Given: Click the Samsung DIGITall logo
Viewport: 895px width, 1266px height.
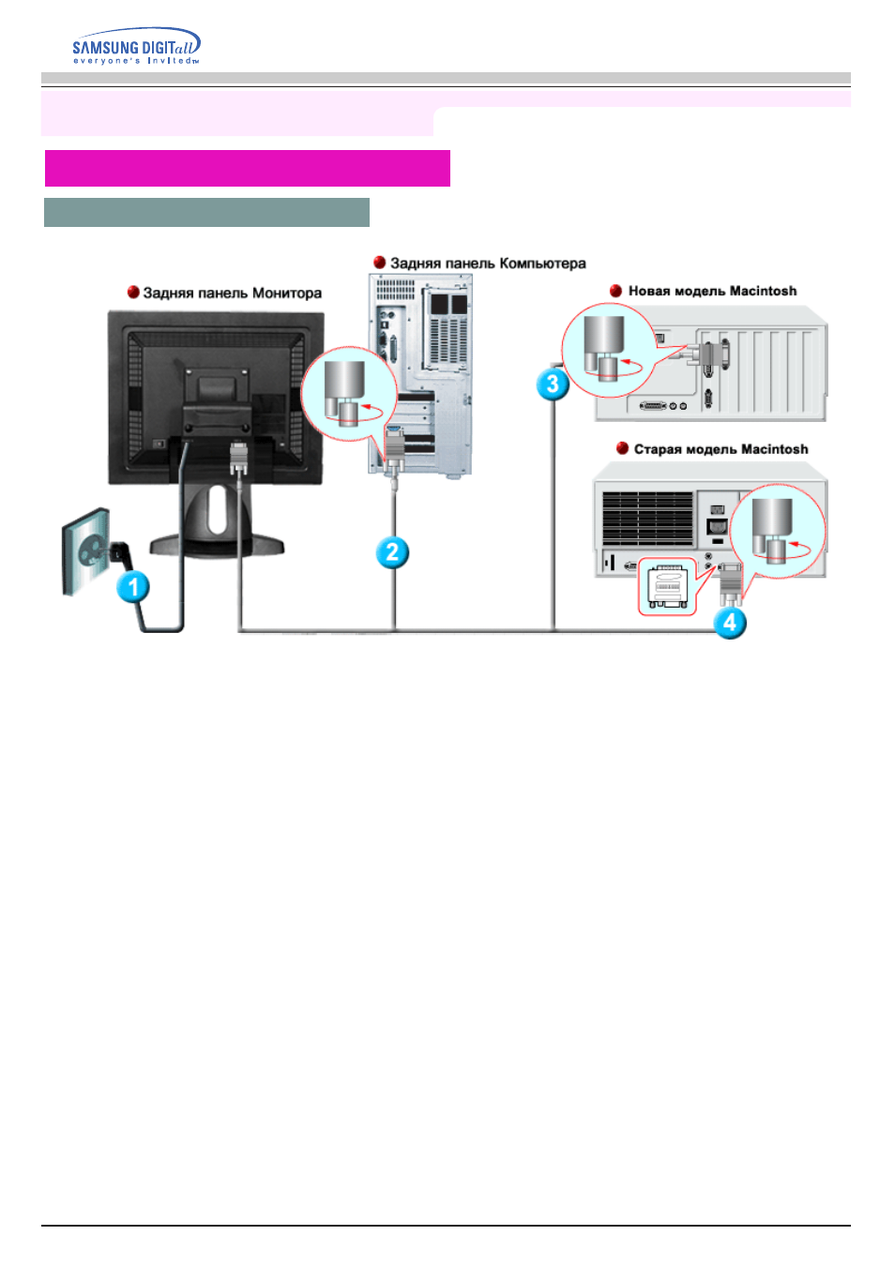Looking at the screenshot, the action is coord(136,46).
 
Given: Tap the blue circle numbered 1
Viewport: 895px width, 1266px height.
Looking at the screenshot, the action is coord(133,587).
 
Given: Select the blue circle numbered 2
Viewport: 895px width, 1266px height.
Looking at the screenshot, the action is coord(392,552).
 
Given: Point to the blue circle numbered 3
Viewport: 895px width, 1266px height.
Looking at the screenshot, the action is coord(553,384).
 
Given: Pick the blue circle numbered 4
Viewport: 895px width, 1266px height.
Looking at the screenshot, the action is coord(729,623).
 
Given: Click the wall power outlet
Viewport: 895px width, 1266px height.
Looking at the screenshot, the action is coord(86,551).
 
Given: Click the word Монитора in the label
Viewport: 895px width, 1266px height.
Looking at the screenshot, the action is coord(287,294).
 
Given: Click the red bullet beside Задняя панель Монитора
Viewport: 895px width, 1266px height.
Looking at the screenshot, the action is coord(133,293).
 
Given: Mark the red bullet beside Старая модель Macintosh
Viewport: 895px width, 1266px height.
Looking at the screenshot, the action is coord(622,449).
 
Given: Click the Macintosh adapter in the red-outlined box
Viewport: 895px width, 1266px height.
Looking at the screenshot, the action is coord(667,586).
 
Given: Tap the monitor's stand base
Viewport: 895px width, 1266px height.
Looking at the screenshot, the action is coord(217,546).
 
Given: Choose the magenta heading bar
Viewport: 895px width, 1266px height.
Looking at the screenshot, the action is coord(247,168).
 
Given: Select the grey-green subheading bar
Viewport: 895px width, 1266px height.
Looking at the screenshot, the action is coord(206,212).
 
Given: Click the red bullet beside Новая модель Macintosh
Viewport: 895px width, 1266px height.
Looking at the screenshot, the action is coord(615,291).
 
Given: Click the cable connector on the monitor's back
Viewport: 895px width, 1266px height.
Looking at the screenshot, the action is coord(238,459).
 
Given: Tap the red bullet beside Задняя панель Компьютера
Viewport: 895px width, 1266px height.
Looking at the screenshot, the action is coord(379,263).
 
